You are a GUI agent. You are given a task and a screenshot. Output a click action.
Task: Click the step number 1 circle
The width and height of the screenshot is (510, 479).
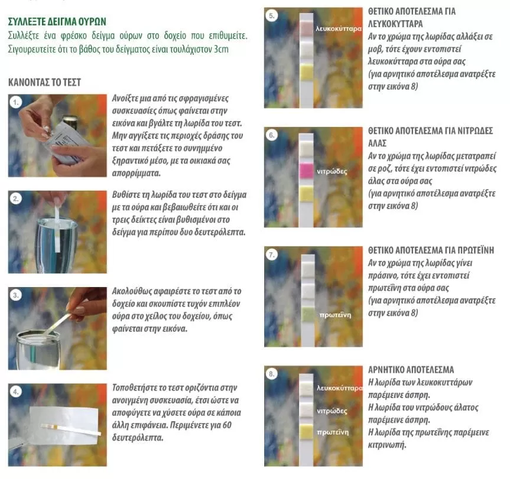coord(15,103)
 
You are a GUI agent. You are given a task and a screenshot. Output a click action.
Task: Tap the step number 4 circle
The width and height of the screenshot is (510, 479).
coord(15,392)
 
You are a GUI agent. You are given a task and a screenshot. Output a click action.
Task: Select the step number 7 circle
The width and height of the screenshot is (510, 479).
coord(272,255)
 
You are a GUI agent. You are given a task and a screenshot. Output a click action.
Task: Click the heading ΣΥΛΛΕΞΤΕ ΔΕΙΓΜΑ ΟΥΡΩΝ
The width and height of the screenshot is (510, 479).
coord(57,22)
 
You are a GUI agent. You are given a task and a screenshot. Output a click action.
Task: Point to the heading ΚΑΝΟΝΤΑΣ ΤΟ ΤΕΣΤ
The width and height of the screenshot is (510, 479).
coord(44,82)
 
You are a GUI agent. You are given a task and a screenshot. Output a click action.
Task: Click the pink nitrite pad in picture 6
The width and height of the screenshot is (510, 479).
coord(306,171)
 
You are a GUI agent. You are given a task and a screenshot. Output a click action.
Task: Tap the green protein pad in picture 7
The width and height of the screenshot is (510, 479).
coord(307,315)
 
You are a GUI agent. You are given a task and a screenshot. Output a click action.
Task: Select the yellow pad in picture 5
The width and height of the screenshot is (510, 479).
coord(306,72)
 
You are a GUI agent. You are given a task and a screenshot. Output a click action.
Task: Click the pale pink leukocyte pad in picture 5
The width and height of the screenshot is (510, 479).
coord(306,28)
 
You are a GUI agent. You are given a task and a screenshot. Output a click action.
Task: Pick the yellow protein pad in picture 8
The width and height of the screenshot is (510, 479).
coord(306,432)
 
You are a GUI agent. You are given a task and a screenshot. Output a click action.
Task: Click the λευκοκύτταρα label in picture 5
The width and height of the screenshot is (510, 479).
coord(339,29)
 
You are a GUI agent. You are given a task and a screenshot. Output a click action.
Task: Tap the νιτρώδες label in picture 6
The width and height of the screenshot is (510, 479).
coord(332,171)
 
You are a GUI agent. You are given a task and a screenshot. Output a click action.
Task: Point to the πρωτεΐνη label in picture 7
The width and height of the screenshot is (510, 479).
coord(335,315)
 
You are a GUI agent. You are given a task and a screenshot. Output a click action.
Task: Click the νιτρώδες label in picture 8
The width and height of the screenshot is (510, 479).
coord(332,411)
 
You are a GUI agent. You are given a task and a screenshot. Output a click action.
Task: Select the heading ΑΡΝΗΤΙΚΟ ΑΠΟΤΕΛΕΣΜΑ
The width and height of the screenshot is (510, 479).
coord(411,370)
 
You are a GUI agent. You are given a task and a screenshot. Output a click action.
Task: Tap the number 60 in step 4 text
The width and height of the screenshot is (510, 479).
coord(227,425)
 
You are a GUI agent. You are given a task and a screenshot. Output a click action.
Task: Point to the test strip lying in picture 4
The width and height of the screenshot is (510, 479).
coord(70,429)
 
